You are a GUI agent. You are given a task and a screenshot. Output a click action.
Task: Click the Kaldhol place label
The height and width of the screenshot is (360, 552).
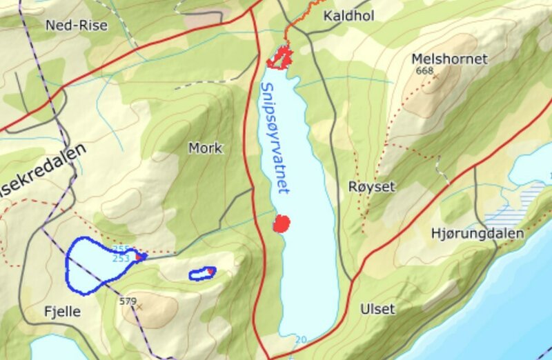[348, 15]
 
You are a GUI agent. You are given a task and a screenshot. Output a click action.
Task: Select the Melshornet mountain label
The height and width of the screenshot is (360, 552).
[449, 59]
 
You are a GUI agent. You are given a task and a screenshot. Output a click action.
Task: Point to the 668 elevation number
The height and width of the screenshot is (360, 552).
[424, 71]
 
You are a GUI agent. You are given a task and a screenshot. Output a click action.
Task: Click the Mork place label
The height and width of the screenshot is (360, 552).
[205, 148]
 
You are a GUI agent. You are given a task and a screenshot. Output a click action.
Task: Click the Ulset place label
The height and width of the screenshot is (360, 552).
[377, 309]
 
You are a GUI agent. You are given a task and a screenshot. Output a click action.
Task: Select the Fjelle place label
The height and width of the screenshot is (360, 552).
[62, 312]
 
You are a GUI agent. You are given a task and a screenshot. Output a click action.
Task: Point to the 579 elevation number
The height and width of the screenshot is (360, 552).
[128, 301]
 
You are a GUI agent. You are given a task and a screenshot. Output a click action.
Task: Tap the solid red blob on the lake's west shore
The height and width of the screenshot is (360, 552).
[281, 223]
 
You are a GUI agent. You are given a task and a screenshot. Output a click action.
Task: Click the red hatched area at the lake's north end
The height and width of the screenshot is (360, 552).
[279, 57]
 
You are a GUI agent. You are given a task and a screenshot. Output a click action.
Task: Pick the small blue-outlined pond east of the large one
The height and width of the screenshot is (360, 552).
[203, 273]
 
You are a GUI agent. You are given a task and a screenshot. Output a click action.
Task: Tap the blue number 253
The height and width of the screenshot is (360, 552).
[121, 259]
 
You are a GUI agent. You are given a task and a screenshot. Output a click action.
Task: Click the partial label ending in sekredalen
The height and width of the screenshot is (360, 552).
[42, 173]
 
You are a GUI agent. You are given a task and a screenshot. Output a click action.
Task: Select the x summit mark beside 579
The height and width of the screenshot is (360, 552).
[139, 306]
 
